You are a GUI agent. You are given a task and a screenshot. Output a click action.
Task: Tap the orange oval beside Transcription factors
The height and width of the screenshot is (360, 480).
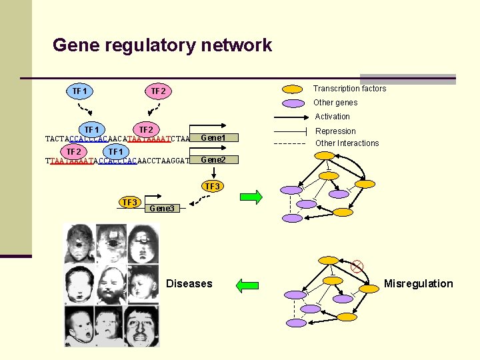point(292,89)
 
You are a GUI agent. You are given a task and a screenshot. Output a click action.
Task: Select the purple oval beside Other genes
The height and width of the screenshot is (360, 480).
point(292,103)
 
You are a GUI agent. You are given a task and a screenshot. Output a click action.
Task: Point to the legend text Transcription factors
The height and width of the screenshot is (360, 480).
point(349,89)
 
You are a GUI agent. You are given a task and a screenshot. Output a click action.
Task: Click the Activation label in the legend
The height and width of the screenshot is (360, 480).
point(332,117)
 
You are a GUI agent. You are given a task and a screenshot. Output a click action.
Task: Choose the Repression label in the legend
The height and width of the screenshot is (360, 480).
point(335,131)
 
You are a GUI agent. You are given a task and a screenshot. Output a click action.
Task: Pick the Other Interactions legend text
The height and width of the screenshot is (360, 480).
point(347,143)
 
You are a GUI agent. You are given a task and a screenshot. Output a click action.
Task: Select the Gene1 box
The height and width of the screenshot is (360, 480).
point(213,138)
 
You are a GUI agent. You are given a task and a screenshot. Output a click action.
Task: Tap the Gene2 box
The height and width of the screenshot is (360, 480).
point(213,160)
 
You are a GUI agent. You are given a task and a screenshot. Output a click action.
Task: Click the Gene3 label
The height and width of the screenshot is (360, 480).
point(162,209)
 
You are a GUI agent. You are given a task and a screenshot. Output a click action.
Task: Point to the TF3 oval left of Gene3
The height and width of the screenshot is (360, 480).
point(129,203)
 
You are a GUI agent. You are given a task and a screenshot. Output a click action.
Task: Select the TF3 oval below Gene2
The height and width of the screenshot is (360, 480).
point(212,187)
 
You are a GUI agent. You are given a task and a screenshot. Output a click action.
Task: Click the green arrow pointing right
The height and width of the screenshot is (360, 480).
point(251,197)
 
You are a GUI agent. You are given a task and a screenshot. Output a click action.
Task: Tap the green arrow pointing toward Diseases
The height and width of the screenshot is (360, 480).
point(247,286)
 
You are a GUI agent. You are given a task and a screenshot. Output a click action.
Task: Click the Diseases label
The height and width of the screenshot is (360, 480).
point(189,284)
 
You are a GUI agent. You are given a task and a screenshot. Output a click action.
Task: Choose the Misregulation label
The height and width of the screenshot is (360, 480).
point(418,284)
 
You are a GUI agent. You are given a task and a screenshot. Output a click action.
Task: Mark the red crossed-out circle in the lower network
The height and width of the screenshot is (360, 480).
point(357,267)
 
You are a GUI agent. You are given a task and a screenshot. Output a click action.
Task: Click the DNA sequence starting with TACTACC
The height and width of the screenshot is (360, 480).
point(117,139)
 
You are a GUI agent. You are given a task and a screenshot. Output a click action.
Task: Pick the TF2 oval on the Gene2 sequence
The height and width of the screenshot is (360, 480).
point(74,151)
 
